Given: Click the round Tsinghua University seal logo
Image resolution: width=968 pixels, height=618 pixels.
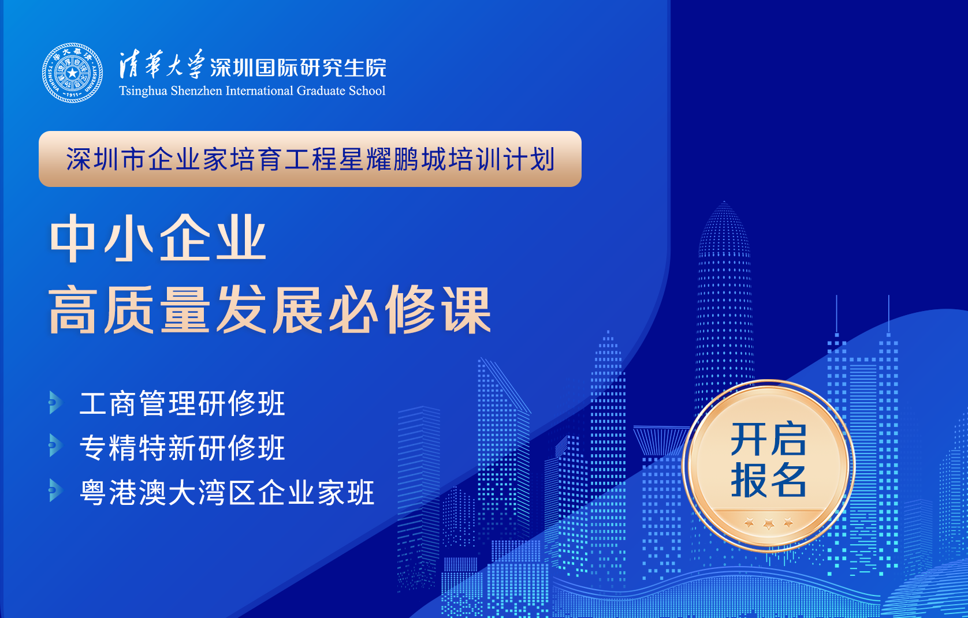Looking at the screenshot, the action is (x=72, y=73).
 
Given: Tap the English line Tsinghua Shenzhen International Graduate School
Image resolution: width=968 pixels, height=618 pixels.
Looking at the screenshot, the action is (x=252, y=91).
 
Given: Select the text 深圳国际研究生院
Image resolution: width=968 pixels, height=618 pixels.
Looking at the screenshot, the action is (x=298, y=68).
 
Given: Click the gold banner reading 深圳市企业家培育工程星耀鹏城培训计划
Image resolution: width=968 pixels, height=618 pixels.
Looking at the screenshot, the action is (x=310, y=159).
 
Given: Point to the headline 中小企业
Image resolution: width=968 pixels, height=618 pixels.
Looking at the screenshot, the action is (x=158, y=238).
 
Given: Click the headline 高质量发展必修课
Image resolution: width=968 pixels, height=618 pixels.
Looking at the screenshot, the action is (x=270, y=310).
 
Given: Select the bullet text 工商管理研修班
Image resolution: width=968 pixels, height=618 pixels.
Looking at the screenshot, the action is (x=183, y=403).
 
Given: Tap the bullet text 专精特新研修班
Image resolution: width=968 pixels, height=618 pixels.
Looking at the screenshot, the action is (x=183, y=448).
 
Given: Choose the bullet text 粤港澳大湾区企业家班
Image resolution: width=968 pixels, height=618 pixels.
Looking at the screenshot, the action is (x=227, y=492).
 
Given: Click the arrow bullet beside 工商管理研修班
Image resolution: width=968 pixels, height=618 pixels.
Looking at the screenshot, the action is (x=56, y=403).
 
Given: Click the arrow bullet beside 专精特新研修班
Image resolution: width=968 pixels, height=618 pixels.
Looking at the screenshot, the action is (x=56, y=445).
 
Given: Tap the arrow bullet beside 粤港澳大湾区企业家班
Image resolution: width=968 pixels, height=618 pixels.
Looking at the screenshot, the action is (x=56, y=490).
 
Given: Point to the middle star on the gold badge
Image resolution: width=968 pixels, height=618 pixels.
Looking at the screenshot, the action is (x=768, y=524).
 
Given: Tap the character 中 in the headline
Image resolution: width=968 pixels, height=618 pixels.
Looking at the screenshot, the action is (x=73, y=238).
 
